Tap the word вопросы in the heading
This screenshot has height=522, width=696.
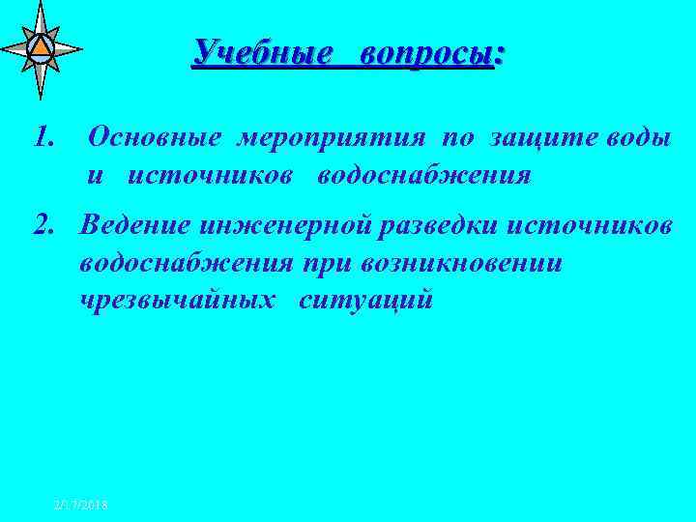click(430, 54)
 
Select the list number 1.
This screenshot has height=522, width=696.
click(43, 138)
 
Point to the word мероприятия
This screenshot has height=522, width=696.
click(331, 138)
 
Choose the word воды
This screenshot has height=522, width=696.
click(638, 137)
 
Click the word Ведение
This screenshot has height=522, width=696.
click(137, 226)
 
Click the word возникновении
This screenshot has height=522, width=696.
click(479, 264)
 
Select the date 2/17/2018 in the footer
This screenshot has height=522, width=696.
click(81, 505)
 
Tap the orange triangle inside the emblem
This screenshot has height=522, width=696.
click(40, 45)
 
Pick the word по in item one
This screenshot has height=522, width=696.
click(457, 138)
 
